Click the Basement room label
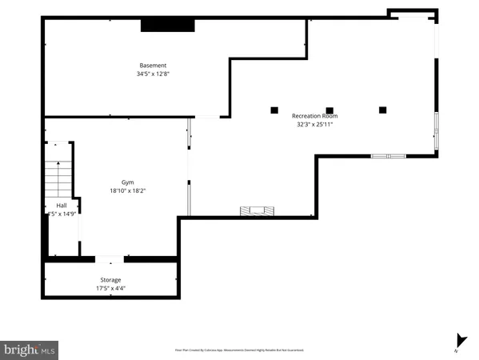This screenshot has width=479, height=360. click(x=153, y=66)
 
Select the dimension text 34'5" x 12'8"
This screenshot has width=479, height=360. click(x=153, y=74)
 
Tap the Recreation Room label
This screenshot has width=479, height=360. click(x=314, y=116)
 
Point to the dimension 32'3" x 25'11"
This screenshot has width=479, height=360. click(x=314, y=124)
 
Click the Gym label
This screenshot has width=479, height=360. click(x=128, y=182)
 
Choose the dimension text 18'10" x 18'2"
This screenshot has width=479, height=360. click(x=128, y=190)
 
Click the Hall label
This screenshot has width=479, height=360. click(x=62, y=206)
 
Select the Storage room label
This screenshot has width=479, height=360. click(x=110, y=280)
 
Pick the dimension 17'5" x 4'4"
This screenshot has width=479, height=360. click(x=110, y=288)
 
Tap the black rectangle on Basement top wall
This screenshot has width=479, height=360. click(x=168, y=26)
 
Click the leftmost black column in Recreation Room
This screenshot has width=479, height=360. click(x=274, y=110)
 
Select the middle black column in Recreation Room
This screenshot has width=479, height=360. click(x=329, y=110)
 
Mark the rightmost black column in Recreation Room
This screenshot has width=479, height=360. click(x=382, y=110)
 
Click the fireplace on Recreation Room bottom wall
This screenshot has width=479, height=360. click(x=257, y=212)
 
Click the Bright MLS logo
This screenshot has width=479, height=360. click(x=30, y=350)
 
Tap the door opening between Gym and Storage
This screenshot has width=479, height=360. click(x=110, y=259)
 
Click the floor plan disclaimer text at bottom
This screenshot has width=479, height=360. click(x=239, y=350)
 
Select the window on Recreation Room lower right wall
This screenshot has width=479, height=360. click(x=389, y=155)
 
